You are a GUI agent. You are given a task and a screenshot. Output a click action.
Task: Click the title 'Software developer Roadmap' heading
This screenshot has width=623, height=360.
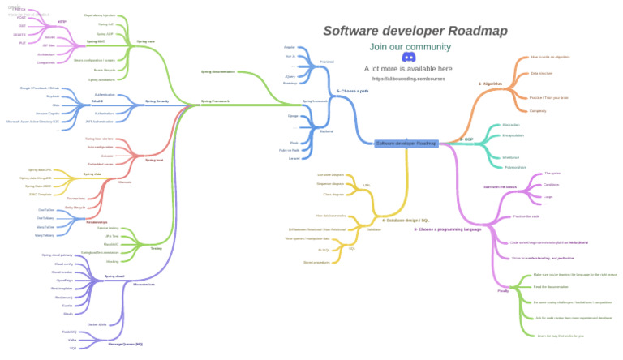click(x=415, y=31)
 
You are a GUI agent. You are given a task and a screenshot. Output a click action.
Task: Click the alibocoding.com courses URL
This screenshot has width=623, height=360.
click(x=409, y=79)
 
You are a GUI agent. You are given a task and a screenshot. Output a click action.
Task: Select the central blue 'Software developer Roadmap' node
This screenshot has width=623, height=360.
click(x=406, y=144)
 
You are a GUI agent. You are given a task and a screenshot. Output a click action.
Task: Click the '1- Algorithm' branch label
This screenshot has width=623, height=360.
click(x=491, y=84)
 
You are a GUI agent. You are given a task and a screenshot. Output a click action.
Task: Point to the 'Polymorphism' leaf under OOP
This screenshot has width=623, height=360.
click(x=515, y=167)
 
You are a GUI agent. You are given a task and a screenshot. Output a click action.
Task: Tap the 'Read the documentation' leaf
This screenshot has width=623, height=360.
click(x=551, y=287)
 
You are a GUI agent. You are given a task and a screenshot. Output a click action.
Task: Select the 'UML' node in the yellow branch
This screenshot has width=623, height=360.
click(x=367, y=185)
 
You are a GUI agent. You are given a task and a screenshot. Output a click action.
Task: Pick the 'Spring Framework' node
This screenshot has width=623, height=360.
click(x=215, y=101)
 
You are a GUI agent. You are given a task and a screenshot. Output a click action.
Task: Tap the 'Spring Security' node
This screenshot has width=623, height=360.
click(x=157, y=101)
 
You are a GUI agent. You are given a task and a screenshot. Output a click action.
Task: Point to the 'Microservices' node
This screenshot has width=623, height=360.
click(x=144, y=285)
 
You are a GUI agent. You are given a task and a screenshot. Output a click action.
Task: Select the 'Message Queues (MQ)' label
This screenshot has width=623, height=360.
click(x=125, y=345)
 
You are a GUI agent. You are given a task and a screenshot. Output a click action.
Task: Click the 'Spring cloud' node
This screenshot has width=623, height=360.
click(x=114, y=276)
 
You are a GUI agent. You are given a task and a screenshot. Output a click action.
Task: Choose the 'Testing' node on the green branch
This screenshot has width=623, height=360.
click(x=156, y=248)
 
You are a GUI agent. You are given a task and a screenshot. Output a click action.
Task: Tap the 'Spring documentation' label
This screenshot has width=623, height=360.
click(x=218, y=72)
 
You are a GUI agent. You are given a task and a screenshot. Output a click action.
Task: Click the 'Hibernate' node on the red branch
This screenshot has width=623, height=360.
click(x=124, y=182)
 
